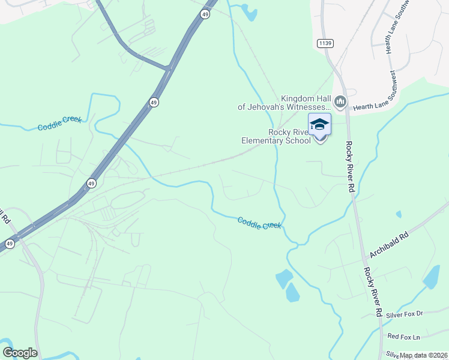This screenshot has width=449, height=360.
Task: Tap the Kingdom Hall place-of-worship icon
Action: coord(340,103)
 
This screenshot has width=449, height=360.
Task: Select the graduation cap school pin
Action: coord(319,125)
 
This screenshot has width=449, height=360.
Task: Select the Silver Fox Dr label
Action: coord(405,314)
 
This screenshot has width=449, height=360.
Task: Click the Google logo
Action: coord(20,353)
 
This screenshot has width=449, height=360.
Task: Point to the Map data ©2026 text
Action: coord(424,355)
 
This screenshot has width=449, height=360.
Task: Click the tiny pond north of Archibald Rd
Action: coord(399,213)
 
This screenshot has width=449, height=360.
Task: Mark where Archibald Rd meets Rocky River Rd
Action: coord(365,260)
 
